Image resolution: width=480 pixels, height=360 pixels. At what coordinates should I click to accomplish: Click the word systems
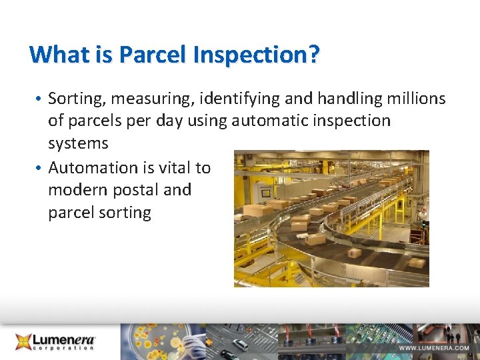click(x=78, y=143)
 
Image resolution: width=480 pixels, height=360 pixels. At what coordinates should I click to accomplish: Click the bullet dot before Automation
click(x=40, y=168)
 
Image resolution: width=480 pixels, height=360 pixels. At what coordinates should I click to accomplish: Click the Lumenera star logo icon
click(x=25, y=341)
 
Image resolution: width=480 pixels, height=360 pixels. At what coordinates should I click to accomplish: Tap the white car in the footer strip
click(x=241, y=345)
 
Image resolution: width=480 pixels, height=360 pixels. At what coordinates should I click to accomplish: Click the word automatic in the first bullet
click(x=280, y=121)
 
